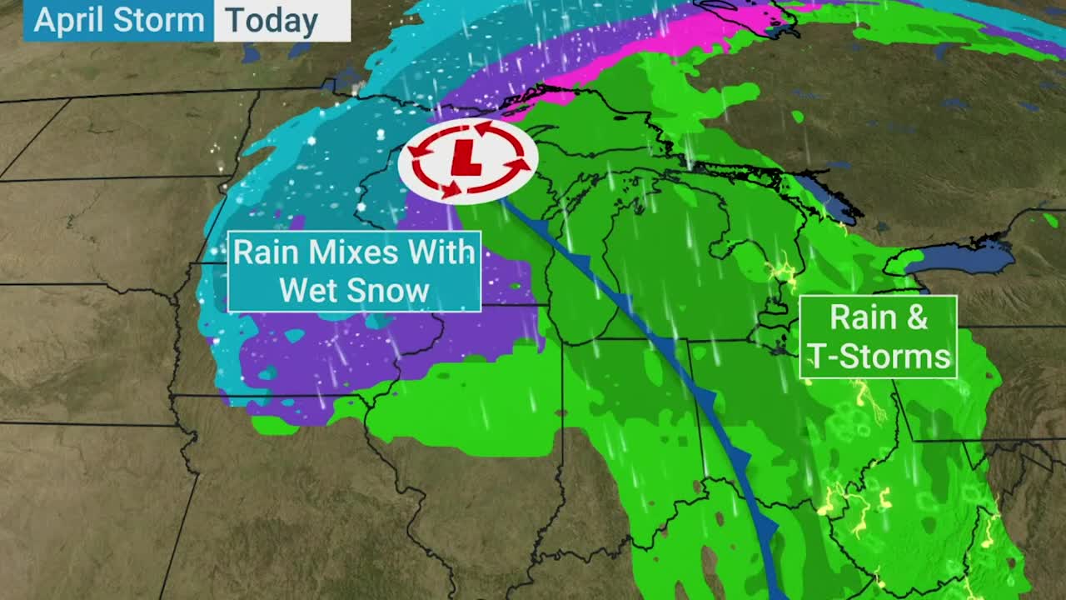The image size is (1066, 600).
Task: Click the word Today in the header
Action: click(x=271, y=21)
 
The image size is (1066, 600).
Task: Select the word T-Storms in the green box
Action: click(x=879, y=357)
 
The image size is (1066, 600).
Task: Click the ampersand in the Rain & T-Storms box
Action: click(x=918, y=317)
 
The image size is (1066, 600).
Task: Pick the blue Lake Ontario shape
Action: click(x=958, y=258)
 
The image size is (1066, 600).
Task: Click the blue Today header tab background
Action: click(x=333, y=21)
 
